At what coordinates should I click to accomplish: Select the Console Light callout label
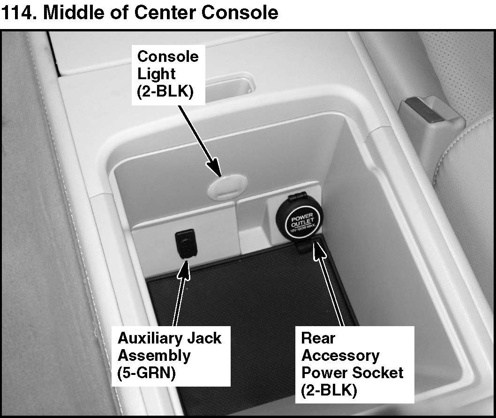[x=167, y=74]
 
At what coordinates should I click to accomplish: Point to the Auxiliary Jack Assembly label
[x=169, y=356]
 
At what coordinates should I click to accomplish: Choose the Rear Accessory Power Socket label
[x=352, y=364]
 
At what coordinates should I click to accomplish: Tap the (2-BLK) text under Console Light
[x=165, y=92]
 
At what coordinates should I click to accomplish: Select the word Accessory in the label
[x=340, y=355]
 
